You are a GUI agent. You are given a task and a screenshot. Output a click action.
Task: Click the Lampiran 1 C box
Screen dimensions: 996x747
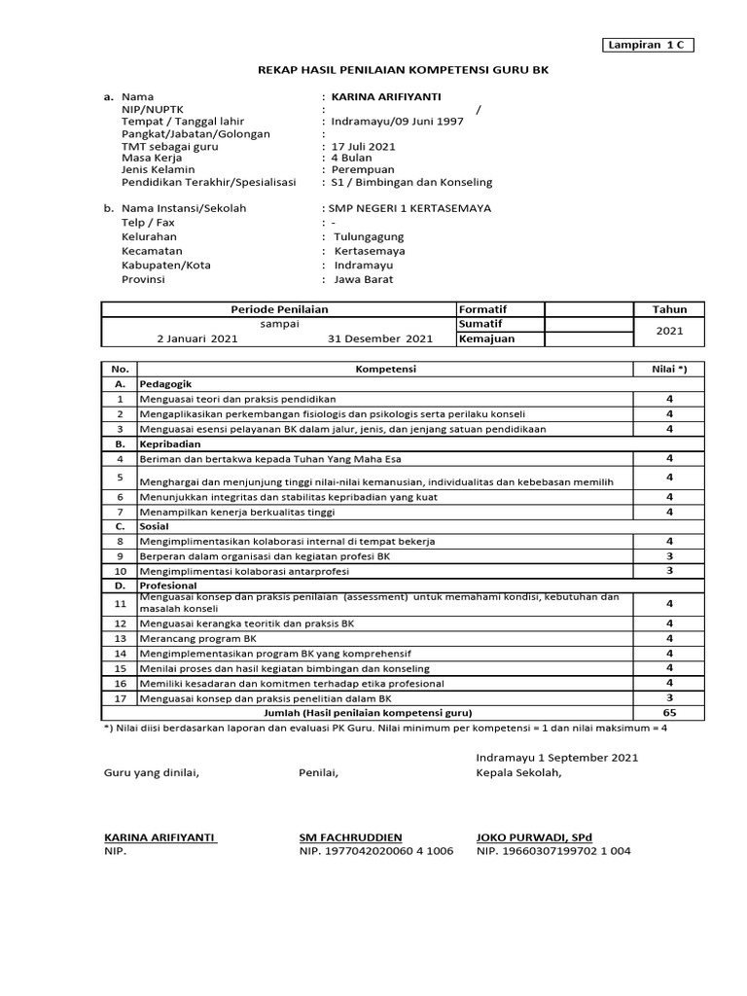(644, 45)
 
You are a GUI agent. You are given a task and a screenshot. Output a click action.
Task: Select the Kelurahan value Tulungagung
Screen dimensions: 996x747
(369, 236)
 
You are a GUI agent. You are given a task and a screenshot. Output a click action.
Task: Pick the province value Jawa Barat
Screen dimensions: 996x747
(364, 279)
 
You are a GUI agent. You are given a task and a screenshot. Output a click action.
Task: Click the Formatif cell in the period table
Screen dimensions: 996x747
(482, 309)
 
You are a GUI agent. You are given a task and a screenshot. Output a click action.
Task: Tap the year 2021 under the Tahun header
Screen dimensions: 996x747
(669, 332)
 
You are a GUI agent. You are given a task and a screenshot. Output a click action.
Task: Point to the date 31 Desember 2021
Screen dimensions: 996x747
(380, 339)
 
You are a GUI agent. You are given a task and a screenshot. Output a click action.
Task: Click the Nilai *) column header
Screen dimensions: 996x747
(669, 370)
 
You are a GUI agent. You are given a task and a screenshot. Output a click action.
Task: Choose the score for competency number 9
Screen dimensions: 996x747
(669, 555)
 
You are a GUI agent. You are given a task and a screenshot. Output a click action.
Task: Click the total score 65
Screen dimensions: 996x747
(669, 713)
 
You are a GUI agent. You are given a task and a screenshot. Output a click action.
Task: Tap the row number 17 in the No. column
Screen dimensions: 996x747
(120, 698)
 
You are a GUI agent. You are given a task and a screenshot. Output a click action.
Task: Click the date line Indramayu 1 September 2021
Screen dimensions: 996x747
(557, 757)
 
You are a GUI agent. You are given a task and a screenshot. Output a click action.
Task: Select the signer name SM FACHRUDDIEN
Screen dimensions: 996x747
(350, 836)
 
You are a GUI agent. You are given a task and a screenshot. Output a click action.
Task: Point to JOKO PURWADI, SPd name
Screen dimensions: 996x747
(534, 836)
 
